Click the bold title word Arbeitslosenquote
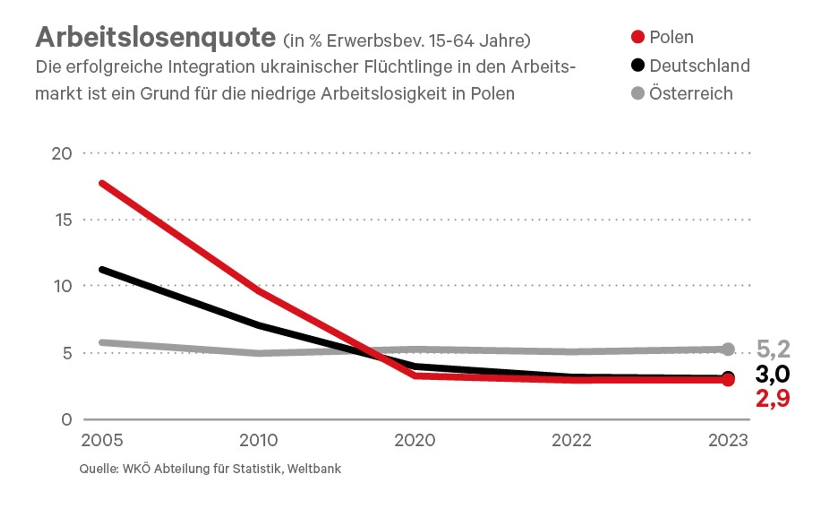pyautogui.click(x=155, y=38)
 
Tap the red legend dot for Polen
pyautogui.click(x=637, y=37)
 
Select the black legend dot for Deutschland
pyautogui.click(x=637, y=65)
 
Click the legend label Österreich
pyautogui.click(x=691, y=93)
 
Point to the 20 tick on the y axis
pyautogui.click(x=62, y=154)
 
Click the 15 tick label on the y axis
pyautogui.click(x=63, y=220)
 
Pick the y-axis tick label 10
pyautogui.click(x=63, y=286)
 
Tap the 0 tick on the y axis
pyautogui.click(x=67, y=419)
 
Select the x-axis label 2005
pyautogui.click(x=102, y=441)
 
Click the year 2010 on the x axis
pyautogui.click(x=259, y=441)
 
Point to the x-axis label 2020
pyautogui.click(x=415, y=441)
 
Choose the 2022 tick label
pyautogui.click(x=572, y=441)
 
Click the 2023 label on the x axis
pyautogui.click(x=728, y=441)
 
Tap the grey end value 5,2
pyautogui.click(x=773, y=349)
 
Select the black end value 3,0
pyautogui.click(x=772, y=374)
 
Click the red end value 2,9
pyautogui.click(x=773, y=399)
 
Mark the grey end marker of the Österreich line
pyautogui.click(x=728, y=349)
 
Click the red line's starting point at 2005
pyautogui.click(x=102, y=184)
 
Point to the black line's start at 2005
pyautogui.click(x=102, y=270)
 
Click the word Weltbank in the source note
pyautogui.click(x=314, y=469)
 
